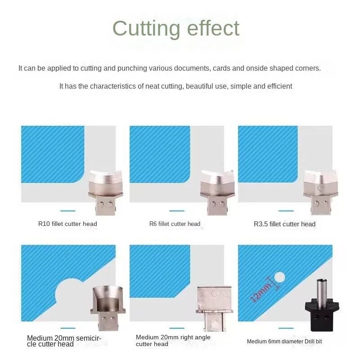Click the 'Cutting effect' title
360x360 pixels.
(175, 29)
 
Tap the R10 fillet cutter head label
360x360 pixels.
(67, 224)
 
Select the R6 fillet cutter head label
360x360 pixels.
(175, 224)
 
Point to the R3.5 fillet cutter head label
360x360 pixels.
(284, 224)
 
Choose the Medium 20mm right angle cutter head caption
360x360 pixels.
(173, 341)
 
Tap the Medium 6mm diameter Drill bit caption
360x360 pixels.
(284, 342)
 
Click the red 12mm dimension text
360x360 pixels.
(261, 292)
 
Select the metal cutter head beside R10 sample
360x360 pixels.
(103, 191)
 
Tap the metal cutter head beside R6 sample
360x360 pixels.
(217, 191)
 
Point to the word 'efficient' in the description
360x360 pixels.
(279, 86)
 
